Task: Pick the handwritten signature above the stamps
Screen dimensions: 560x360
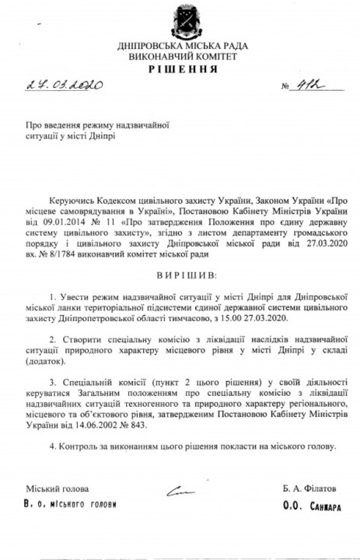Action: coord(180,491)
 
